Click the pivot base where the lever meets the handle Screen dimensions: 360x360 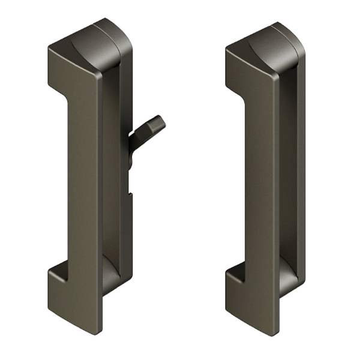(132, 150)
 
